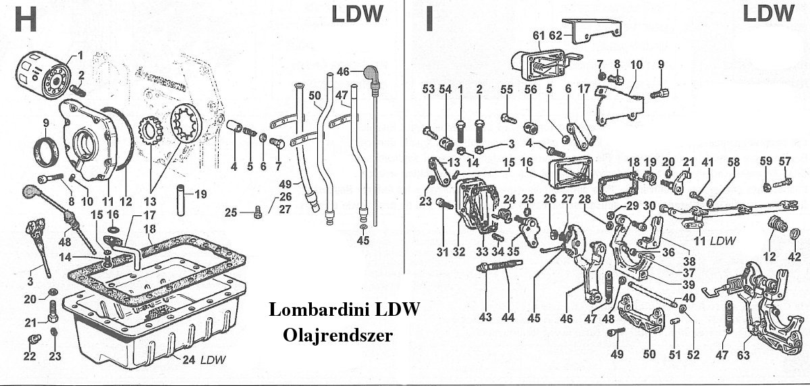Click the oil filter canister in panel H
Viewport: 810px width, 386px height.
click(40, 70)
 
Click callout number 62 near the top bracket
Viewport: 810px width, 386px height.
click(556, 35)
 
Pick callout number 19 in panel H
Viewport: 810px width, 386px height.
click(200, 195)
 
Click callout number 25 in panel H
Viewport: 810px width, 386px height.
click(230, 213)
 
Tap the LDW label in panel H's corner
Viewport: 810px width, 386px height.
click(357, 14)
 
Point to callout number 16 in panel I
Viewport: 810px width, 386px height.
click(526, 162)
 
